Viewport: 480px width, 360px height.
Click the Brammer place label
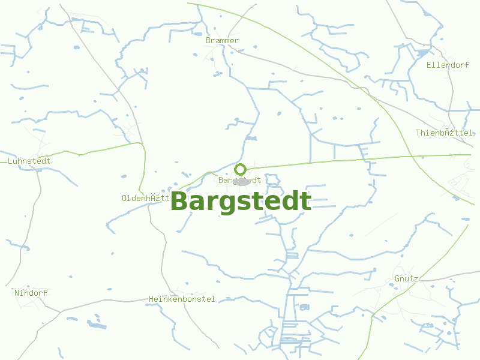click(222, 41)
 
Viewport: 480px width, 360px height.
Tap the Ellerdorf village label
click(448, 65)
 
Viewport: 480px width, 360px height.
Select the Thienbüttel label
click(444, 133)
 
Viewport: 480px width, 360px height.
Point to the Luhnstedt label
click(29, 161)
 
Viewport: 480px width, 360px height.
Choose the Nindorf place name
click(31, 293)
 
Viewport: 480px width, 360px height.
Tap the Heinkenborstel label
click(182, 299)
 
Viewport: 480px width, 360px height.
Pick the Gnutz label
click(406, 278)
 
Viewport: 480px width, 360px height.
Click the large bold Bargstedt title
click(241, 202)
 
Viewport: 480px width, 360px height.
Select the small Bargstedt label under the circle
click(240, 180)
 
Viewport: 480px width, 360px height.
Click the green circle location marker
click(241, 169)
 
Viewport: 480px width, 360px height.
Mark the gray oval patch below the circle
click(242, 182)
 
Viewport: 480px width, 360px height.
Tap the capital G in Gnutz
click(398, 278)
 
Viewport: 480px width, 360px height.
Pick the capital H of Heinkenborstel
click(152, 299)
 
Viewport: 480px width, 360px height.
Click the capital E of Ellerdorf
click(430, 65)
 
